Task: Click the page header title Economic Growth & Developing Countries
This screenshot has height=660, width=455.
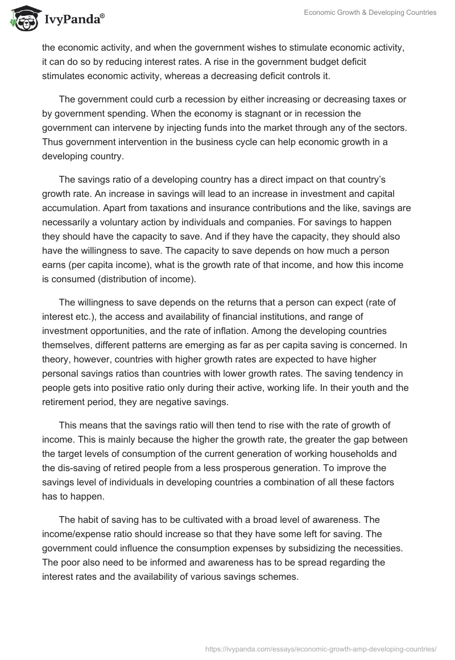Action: tap(370, 12)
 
